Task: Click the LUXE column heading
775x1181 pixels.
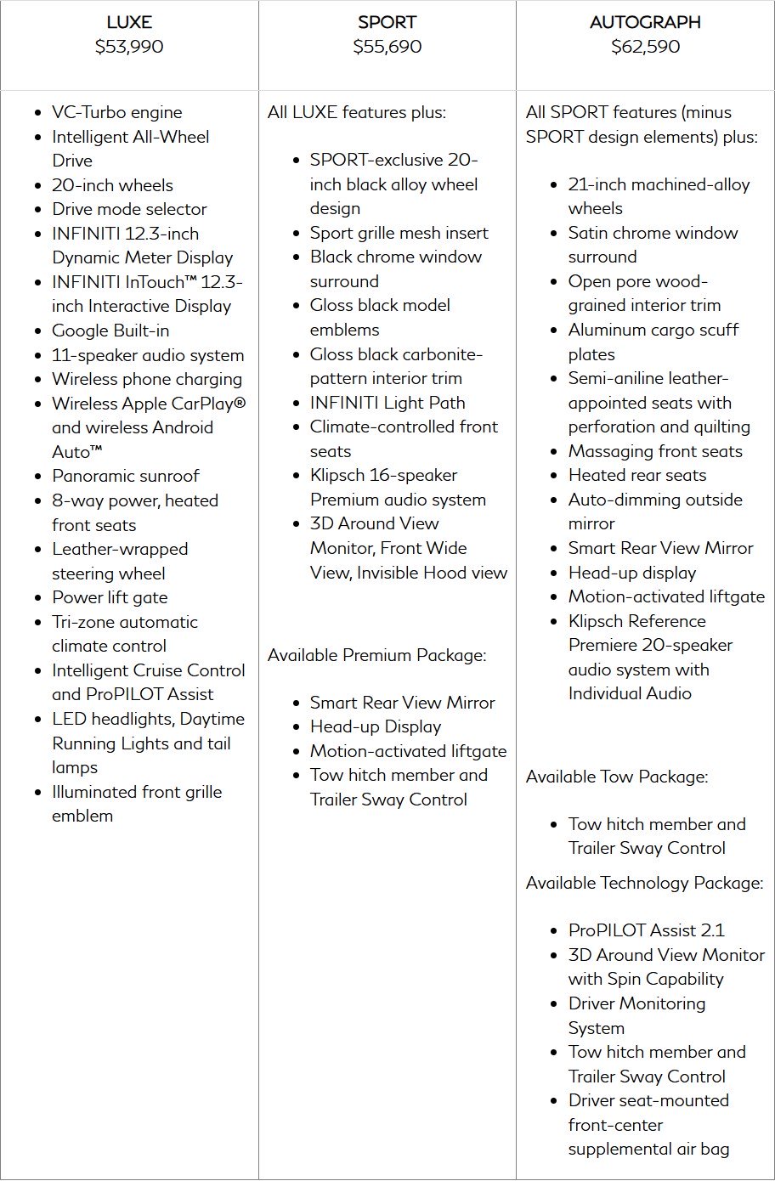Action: pyautogui.click(x=129, y=22)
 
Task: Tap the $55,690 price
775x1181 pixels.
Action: pyautogui.click(x=387, y=47)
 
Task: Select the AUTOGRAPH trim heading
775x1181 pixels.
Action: pyautogui.click(x=645, y=22)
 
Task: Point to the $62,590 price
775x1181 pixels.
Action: pyautogui.click(x=645, y=47)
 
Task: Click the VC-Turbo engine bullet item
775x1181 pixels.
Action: pyautogui.click(x=116, y=112)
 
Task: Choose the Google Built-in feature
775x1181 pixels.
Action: pyautogui.click(x=110, y=331)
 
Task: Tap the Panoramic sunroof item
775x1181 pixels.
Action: pyautogui.click(x=126, y=476)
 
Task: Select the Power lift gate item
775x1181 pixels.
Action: pyautogui.click(x=110, y=597)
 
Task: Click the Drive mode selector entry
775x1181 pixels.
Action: pyautogui.click(x=129, y=209)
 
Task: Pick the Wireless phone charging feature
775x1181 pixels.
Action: pyautogui.click(x=147, y=379)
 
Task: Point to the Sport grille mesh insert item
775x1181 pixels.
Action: pyautogui.click(x=399, y=233)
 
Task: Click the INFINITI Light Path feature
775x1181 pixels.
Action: pyautogui.click(x=387, y=403)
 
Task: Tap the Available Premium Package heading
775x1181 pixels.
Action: pyautogui.click(x=376, y=655)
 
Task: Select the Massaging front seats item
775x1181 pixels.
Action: pyautogui.click(x=655, y=451)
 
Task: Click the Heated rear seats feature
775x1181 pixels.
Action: pyautogui.click(x=637, y=475)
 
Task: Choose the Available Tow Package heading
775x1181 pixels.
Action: pyautogui.click(x=616, y=777)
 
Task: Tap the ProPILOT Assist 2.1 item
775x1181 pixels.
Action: pyautogui.click(x=646, y=930)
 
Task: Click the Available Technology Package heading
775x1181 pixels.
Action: pyautogui.click(x=644, y=883)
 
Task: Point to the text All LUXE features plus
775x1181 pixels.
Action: pyautogui.click(x=356, y=112)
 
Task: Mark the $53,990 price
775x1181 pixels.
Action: pyautogui.click(x=129, y=47)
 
